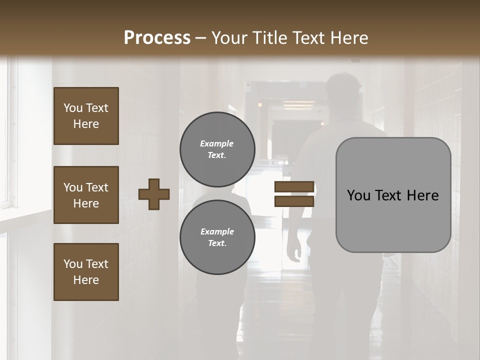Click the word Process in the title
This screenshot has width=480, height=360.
point(157,37)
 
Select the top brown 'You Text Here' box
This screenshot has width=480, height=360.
point(86,116)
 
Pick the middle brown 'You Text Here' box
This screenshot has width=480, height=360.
point(86,195)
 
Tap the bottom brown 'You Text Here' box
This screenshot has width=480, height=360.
point(86,272)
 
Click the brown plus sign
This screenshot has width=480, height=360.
point(154,194)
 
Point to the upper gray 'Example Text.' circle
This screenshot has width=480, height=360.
point(217,149)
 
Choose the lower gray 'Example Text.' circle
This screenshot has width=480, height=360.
point(217,237)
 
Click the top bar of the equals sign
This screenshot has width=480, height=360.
point(294,187)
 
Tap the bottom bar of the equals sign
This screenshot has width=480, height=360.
point(294,201)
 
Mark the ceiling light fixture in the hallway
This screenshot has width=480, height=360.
point(298,105)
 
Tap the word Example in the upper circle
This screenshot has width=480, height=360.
point(216,143)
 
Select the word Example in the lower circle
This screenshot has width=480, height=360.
point(217,231)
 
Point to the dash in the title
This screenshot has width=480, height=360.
point(201,38)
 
